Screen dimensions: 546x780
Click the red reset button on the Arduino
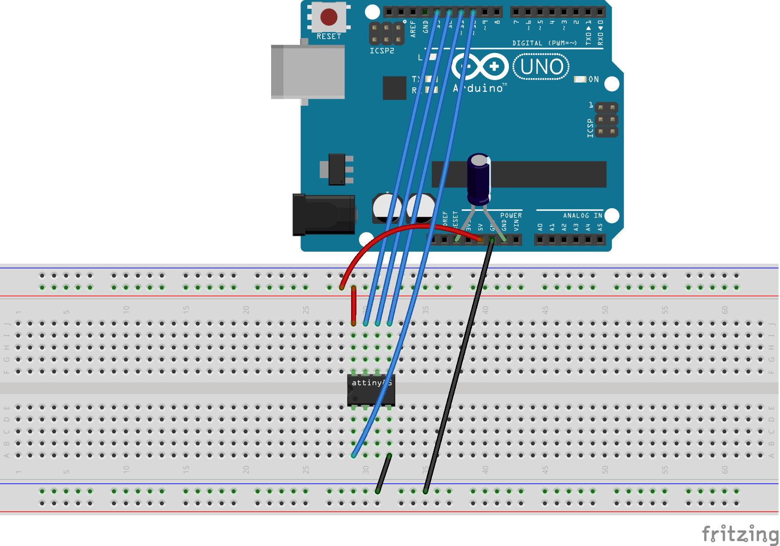pyautogui.click(x=329, y=17)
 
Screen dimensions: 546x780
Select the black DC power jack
pyautogui.click(x=323, y=214)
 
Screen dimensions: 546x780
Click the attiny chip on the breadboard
pyautogui.click(x=371, y=390)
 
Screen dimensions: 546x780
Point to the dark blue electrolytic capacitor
pyautogui.click(x=479, y=178)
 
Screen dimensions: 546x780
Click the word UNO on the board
pyautogui.click(x=541, y=67)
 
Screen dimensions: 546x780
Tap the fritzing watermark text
pyautogui.click(x=740, y=534)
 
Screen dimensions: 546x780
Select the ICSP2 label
pyautogui.click(x=382, y=51)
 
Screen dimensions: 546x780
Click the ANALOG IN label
pyautogui.click(x=582, y=215)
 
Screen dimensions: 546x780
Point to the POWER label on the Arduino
pyautogui.click(x=511, y=215)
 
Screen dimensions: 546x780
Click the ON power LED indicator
pyautogui.click(x=580, y=79)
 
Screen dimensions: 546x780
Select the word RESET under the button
pyautogui.click(x=329, y=36)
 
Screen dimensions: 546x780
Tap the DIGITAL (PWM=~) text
pyautogui.click(x=544, y=43)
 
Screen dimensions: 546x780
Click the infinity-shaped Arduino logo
pyautogui.click(x=480, y=67)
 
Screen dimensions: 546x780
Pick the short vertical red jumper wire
pyautogui.click(x=354, y=306)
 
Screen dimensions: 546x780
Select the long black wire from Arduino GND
pyautogui.click(x=458, y=365)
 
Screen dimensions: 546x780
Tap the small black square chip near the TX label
pyautogui.click(x=394, y=88)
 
